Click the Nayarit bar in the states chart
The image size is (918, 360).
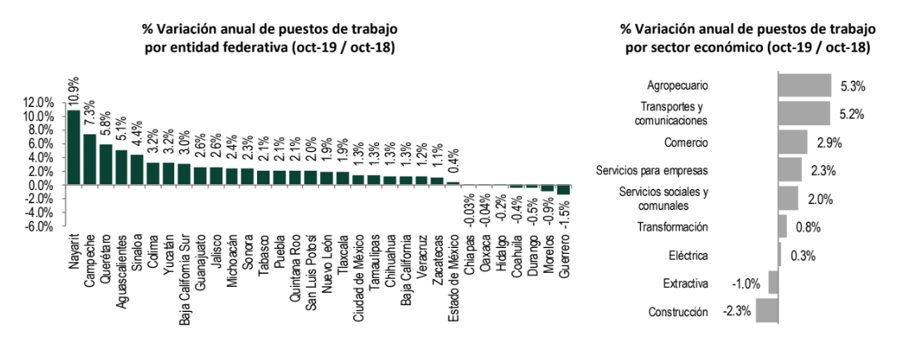[x=74, y=148]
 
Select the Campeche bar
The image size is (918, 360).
[x=90, y=159]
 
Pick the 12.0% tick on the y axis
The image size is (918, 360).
[x=39, y=103]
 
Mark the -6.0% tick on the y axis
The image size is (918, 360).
[x=39, y=226]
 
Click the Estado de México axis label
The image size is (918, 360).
[x=454, y=274]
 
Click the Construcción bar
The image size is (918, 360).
[x=767, y=311]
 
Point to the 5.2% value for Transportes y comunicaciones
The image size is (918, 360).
[x=852, y=114]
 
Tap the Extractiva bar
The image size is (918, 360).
[x=773, y=284]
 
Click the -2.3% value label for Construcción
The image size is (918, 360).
[x=736, y=312]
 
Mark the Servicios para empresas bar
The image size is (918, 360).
[x=789, y=170]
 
